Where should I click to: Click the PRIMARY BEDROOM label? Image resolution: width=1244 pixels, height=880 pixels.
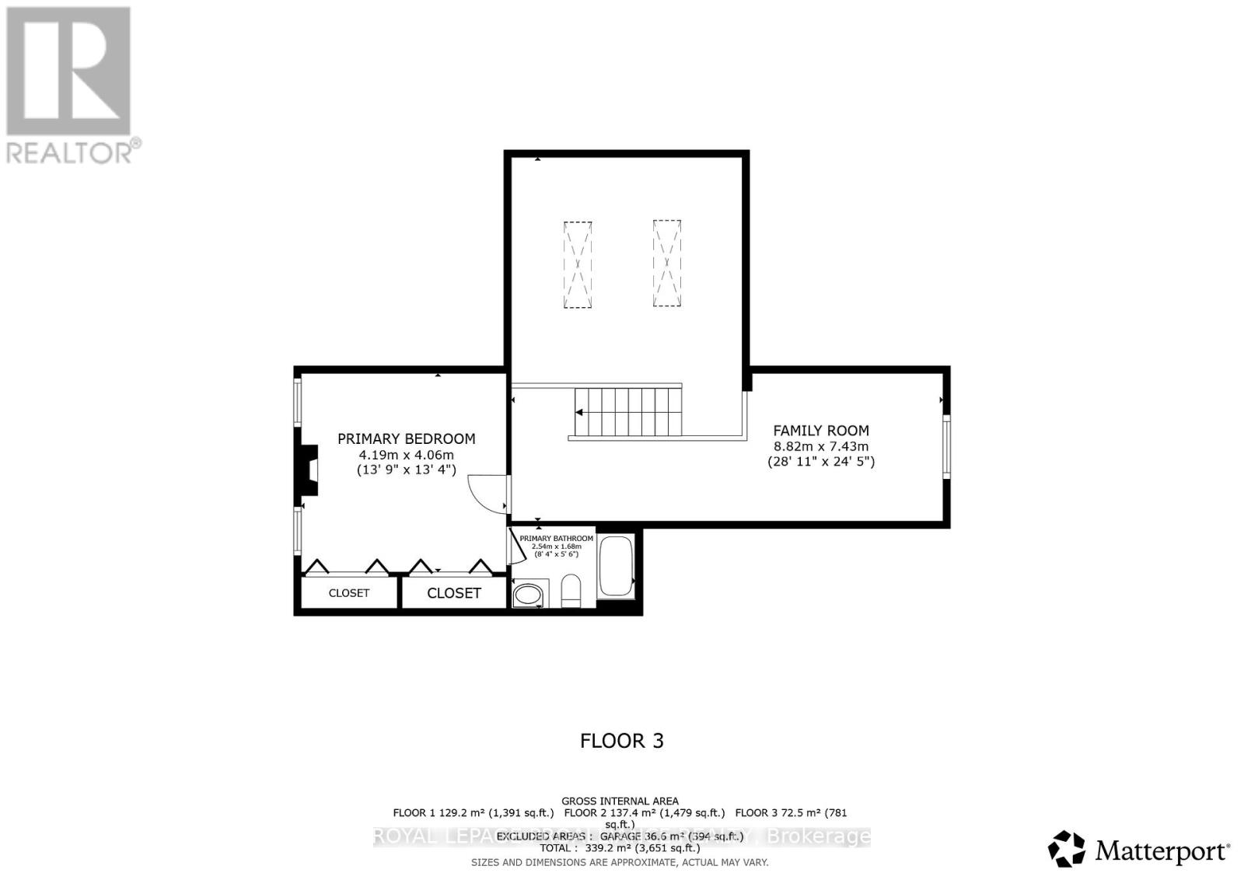pyautogui.click(x=406, y=438)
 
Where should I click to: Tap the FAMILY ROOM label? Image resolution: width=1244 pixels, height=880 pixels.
pyautogui.click(x=820, y=430)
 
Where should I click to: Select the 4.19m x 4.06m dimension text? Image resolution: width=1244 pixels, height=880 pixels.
pyautogui.click(x=406, y=455)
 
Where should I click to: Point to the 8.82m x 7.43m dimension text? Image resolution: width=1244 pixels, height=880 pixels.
pyautogui.click(x=820, y=446)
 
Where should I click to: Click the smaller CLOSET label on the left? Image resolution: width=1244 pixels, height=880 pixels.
pyautogui.click(x=348, y=593)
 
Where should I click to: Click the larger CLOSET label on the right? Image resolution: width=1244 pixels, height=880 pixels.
pyautogui.click(x=454, y=593)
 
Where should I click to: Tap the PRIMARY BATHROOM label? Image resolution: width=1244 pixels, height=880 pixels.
pyautogui.click(x=556, y=538)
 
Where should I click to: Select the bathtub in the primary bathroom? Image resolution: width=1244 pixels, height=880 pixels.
pyautogui.click(x=617, y=567)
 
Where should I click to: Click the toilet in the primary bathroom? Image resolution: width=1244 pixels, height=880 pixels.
pyautogui.click(x=571, y=593)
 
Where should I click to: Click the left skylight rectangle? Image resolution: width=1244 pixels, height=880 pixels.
pyautogui.click(x=577, y=264)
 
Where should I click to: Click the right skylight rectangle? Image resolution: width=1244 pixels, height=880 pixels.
pyautogui.click(x=667, y=264)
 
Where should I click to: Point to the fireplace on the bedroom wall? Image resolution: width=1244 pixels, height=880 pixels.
pyautogui.click(x=309, y=470)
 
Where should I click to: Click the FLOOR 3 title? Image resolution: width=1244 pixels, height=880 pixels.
pyautogui.click(x=621, y=741)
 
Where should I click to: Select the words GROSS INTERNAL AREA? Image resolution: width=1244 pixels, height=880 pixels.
pyautogui.click(x=620, y=801)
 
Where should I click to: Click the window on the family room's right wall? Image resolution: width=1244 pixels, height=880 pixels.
pyautogui.click(x=946, y=446)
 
